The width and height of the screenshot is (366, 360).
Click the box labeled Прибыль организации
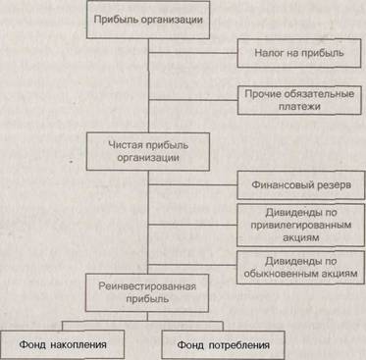point(148,20)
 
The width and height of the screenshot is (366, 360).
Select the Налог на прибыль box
point(299,53)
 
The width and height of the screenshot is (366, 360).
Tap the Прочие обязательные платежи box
point(299,100)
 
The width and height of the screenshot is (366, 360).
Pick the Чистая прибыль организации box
point(148,152)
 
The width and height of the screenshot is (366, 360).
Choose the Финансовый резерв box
point(300,185)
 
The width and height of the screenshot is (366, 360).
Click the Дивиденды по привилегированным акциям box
point(300,225)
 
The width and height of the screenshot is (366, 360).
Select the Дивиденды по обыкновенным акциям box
point(300,267)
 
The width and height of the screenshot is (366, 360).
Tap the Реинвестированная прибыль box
point(147,292)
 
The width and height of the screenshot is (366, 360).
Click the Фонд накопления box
point(62,345)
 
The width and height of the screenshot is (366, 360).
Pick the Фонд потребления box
point(223,345)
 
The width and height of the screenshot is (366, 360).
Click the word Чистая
point(126,145)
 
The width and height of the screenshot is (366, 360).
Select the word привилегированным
point(301,226)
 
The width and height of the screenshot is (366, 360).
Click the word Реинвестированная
point(147,286)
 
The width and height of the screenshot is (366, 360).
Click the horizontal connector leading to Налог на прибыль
point(192,52)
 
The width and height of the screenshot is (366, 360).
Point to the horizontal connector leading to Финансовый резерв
point(192,184)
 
